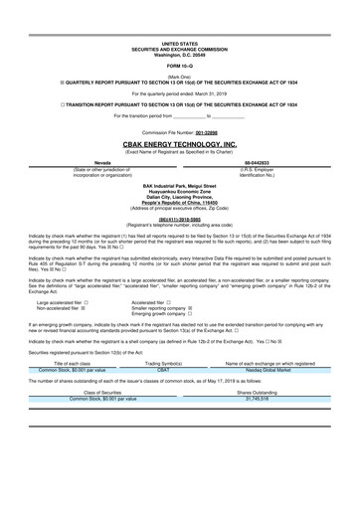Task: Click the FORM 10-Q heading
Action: click(179, 66)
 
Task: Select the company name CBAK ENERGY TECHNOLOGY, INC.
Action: click(179, 144)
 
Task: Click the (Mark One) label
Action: click(179, 76)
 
